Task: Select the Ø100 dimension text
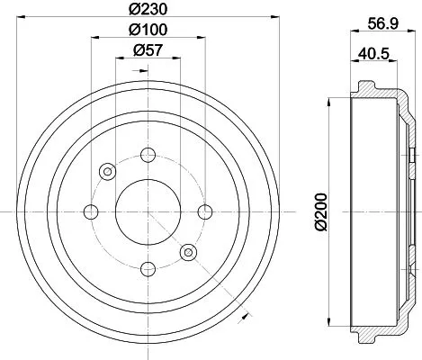pos(148,31)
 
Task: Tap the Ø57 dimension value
pos(148,51)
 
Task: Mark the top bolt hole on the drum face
pos(148,155)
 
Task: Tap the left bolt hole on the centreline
pos(91,211)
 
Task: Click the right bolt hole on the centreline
pos(205,211)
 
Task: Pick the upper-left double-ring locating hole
pos(108,171)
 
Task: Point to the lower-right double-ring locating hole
pos(188,252)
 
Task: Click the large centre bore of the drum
pos(148,211)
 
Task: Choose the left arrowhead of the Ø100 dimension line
pos(94,39)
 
